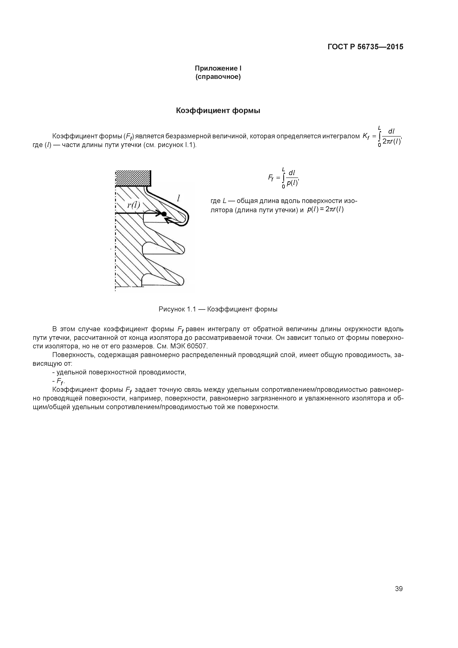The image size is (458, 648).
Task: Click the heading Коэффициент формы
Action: click(218, 111)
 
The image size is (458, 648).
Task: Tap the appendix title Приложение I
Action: click(218, 68)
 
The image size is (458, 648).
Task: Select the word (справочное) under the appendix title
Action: click(218, 77)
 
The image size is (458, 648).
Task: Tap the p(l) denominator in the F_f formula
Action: click(292, 183)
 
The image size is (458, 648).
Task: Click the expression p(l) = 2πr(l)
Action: click(325, 209)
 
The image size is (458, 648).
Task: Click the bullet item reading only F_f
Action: click(60, 382)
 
